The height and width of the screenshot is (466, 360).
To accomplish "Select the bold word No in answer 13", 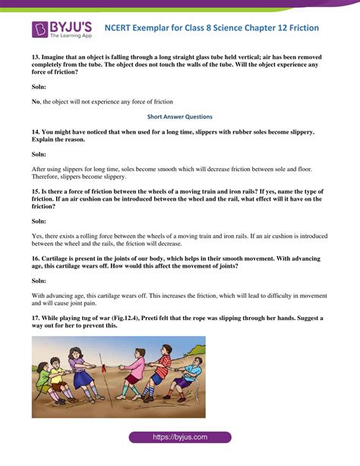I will click(36, 100).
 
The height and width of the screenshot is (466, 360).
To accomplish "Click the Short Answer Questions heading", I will click(180, 117).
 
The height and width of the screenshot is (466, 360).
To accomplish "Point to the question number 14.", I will click(36, 132).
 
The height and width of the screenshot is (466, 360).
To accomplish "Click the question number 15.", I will click(36, 192).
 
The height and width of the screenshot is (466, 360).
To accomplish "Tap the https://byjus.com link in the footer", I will click(180, 437).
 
